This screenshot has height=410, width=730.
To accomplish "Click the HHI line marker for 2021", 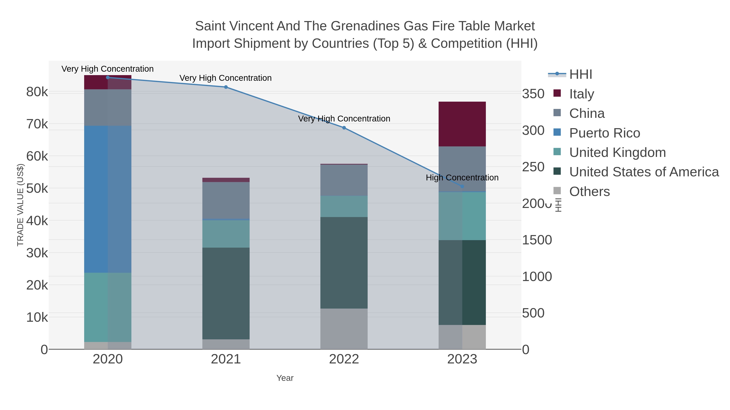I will tap(226, 87).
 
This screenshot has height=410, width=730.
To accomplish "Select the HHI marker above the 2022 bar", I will tap(344, 128).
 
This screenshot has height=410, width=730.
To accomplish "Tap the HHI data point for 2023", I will tap(462, 186).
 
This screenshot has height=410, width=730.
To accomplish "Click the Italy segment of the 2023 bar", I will tap(462, 124).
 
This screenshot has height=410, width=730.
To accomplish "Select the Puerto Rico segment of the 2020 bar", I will tap(108, 199).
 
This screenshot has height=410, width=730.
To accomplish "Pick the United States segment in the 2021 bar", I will tap(226, 293).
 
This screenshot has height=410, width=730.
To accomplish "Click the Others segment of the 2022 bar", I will tap(344, 329).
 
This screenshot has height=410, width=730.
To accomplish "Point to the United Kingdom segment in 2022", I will tap(344, 206).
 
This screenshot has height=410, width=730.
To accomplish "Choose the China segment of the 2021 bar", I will tap(226, 200).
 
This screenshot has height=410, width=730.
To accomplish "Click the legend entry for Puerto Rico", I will tap(604, 133).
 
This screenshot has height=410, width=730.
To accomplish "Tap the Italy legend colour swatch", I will tap(557, 93).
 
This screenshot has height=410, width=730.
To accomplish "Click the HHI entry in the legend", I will tap(580, 75).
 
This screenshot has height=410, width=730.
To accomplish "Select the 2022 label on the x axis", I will tap(344, 359).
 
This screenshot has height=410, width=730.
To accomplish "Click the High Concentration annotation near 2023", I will tap(462, 178).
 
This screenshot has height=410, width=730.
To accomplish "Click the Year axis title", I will tap(285, 378).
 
